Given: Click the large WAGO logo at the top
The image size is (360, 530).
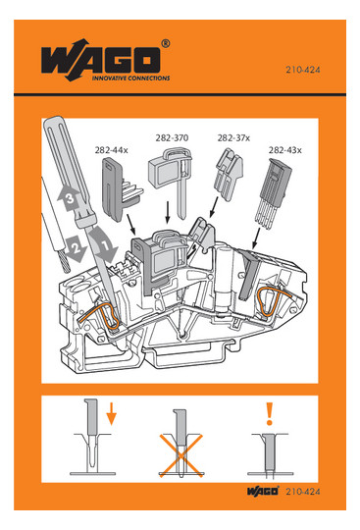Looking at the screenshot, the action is click(101, 60).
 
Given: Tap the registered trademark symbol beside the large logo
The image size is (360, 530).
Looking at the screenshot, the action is click(165, 43).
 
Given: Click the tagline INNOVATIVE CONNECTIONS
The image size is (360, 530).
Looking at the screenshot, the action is click(131, 79).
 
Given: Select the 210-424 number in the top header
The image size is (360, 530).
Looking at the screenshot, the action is click(302, 70).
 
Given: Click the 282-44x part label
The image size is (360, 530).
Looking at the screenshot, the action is click(111, 150).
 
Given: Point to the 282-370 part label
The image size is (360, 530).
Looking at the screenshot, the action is click(172, 138).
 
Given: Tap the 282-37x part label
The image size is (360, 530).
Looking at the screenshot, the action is click(233, 138).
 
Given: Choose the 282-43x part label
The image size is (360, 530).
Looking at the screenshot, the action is click(284, 150).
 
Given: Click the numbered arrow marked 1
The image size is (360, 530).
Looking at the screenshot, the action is click(105, 245).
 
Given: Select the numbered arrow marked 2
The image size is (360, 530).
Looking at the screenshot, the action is click(77, 249).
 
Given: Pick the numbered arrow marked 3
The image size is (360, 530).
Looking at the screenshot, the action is click(69, 197).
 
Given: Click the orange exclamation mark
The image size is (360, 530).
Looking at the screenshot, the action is click(269, 413).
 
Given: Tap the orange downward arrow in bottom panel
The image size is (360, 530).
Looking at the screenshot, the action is click(111, 414).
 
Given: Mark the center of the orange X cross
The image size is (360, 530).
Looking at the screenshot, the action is click(181, 455).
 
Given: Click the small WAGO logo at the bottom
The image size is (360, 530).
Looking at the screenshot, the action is click(263, 491).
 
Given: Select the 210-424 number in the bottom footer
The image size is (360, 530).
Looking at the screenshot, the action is click(302, 492).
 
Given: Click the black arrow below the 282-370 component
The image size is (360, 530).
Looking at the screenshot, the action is click(167, 213).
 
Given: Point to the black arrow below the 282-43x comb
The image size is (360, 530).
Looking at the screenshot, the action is click(256, 238).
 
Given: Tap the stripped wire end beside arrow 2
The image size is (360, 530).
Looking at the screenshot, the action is click(64, 261).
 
